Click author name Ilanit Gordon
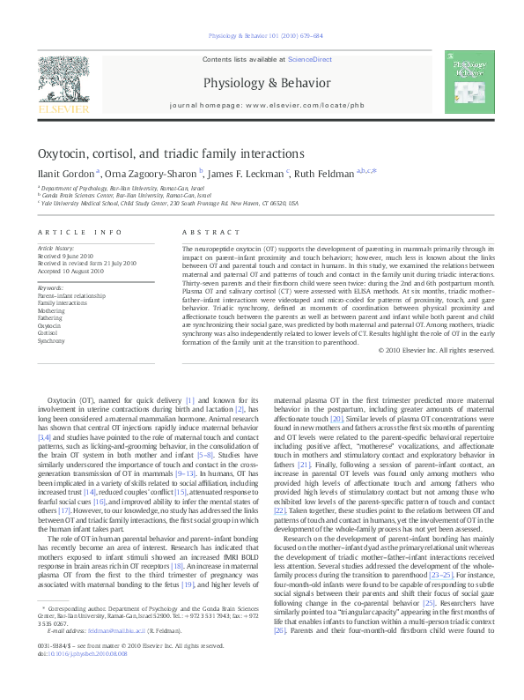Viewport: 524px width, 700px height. point(66,174)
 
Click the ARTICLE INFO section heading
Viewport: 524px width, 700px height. point(79,232)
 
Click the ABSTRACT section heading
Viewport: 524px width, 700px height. point(204,232)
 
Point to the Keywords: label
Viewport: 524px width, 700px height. point(50,287)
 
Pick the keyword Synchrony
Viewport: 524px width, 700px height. point(51,340)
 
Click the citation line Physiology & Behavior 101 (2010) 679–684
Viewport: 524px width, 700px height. point(262,36)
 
